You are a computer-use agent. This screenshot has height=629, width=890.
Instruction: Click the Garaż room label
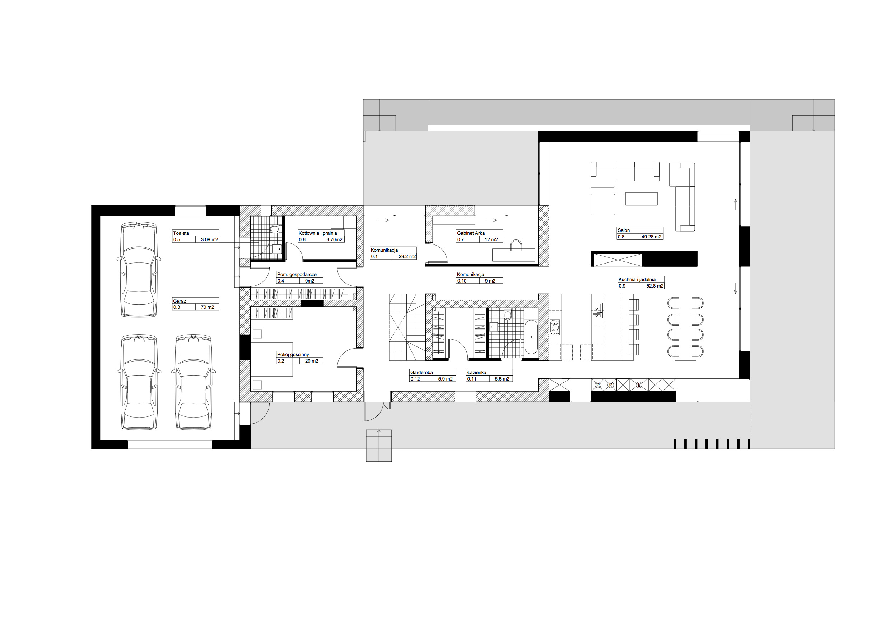coord(180,301)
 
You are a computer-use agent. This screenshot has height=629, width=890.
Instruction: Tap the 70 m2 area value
coord(208,307)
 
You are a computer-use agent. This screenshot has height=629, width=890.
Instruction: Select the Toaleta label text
coord(181,233)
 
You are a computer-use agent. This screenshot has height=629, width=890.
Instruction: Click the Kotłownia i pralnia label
coord(317,233)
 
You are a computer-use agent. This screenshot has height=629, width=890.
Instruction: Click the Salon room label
coord(624,230)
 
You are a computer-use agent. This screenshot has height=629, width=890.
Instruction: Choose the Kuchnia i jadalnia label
coord(637,279)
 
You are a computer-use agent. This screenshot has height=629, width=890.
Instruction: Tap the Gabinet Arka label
coord(471,233)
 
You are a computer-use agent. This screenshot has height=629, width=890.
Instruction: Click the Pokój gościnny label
coord(293,355)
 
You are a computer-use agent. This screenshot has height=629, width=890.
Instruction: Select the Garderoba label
coord(421,372)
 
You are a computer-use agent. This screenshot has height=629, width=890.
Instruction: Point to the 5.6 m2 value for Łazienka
coord(502,379)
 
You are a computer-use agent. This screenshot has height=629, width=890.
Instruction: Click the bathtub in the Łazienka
coord(531,337)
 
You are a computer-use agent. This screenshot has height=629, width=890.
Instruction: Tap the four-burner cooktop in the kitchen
coord(555,327)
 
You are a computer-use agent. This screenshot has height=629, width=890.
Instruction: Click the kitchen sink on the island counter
coord(597,311)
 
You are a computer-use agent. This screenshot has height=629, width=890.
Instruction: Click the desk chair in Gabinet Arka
coord(516,246)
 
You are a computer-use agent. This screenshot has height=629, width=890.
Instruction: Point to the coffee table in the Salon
coord(641,199)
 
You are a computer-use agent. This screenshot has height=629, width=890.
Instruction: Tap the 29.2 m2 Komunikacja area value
coord(407,257)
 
